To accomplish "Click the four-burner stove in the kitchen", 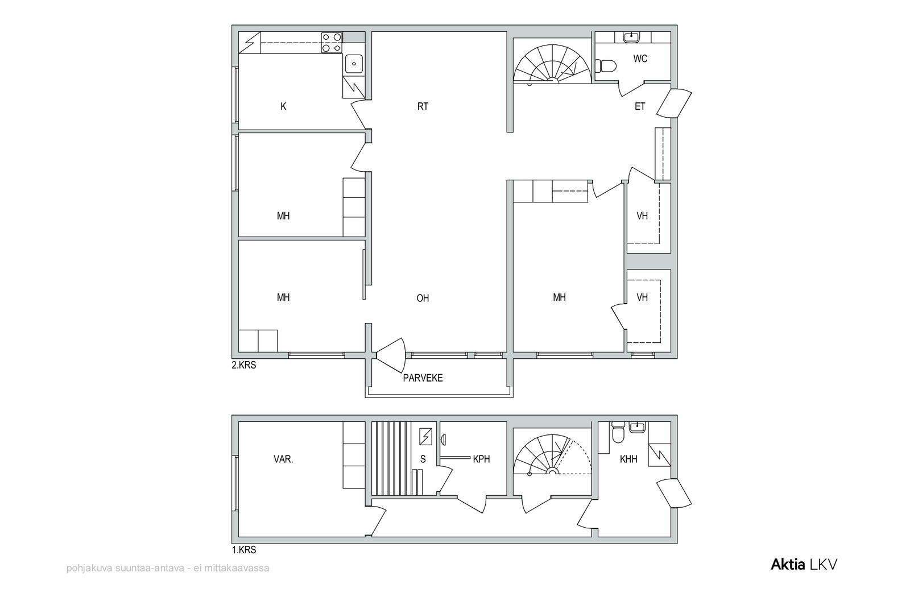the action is click(x=332, y=43).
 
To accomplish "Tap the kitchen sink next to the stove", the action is click(x=354, y=64).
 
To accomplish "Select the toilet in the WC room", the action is click(x=605, y=65).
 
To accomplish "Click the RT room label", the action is click(x=423, y=106).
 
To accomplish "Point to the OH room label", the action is click(x=423, y=299).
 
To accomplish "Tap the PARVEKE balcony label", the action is click(x=423, y=378).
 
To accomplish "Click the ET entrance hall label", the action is click(x=640, y=106).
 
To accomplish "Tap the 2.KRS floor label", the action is click(x=244, y=366).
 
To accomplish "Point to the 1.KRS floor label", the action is click(x=244, y=550).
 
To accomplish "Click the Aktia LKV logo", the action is click(x=804, y=565).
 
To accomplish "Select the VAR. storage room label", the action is click(x=283, y=459).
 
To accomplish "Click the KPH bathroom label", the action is click(x=481, y=459).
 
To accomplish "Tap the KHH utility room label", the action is click(x=628, y=459).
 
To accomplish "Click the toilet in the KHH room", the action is click(x=618, y=433).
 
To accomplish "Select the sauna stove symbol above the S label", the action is click(x=425, y=437).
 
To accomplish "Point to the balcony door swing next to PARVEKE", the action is click(x=391, y=355).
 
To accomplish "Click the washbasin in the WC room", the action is click(x=631, y=37).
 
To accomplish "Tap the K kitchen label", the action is click(x=283, y=106).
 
